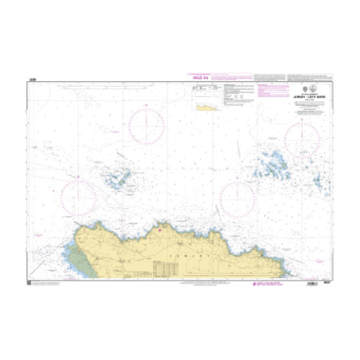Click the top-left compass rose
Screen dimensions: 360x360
(x=147, y=127)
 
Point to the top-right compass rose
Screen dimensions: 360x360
(x=302, y=140)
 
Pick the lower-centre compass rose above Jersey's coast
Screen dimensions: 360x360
(x=237, y=197)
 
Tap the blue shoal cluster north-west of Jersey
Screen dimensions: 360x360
(x=120, y=178)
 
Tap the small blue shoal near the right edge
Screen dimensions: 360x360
(x=319, y=183)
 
